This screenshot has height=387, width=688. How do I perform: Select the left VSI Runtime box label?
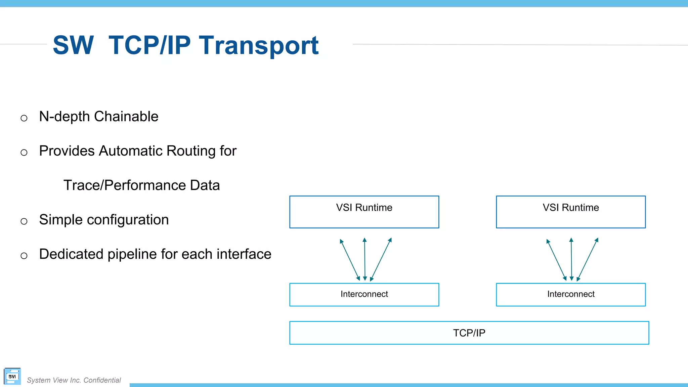tap(364, 208)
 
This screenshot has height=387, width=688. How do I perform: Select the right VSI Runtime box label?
tap(571, 208)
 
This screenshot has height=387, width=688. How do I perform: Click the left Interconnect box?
tap(364, 294)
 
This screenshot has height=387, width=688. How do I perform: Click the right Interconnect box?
tap(571, 294)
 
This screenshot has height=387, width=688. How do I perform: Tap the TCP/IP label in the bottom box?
tap(469, 333)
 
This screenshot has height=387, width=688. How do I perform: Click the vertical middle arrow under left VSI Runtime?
tap(365, 259)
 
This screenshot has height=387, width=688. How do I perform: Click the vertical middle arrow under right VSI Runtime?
tap(571, 259)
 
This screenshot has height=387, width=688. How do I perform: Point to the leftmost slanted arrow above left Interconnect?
tap(350, 259)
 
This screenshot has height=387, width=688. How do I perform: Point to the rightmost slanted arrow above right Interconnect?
tap(588, 259)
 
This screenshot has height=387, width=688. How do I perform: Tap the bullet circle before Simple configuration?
tap(24, 221)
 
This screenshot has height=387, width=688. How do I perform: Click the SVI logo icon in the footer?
tap(12, 376)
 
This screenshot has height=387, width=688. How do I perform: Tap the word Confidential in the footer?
tap(102, 380)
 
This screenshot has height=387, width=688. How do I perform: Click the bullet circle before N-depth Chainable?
tap(24, 118)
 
